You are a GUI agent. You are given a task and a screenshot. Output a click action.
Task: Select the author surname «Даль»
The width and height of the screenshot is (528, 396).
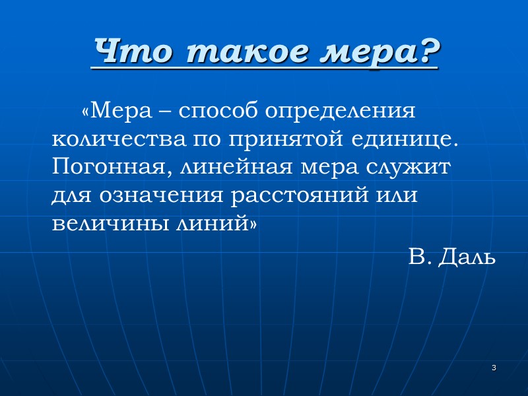[470, 257]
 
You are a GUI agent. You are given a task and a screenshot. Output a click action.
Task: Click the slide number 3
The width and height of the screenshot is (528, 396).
[493, 368]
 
